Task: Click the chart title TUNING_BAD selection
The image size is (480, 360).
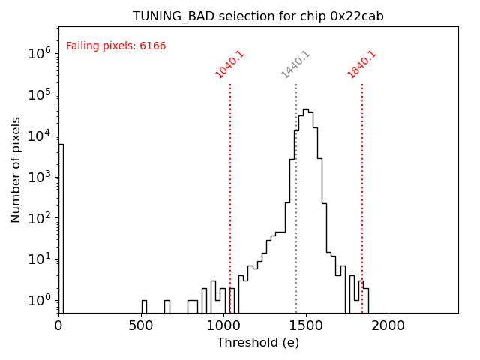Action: pos(258,16)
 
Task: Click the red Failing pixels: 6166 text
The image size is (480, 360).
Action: pos(116,46)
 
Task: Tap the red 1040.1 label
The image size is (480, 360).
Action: pos(230,64)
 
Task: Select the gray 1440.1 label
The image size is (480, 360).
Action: pos(296,64)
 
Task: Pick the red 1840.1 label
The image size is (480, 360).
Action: pos(362,64)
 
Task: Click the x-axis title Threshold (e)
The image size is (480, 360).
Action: pos(258,343)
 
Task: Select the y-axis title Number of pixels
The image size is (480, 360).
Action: pos(16,169)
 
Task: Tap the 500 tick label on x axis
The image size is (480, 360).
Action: pos(141,325)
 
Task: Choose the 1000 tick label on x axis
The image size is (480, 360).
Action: pos(223,325)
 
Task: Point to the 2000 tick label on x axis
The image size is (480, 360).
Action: pos(388,325)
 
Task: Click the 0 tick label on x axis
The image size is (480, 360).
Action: pos(58,325)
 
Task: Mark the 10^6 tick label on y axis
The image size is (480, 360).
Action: pos(39,53)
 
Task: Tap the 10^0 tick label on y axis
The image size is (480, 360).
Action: pos(39,300)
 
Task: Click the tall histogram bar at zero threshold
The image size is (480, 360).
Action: pos(61,225)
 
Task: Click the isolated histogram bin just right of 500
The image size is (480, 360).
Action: pos(144,306)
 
